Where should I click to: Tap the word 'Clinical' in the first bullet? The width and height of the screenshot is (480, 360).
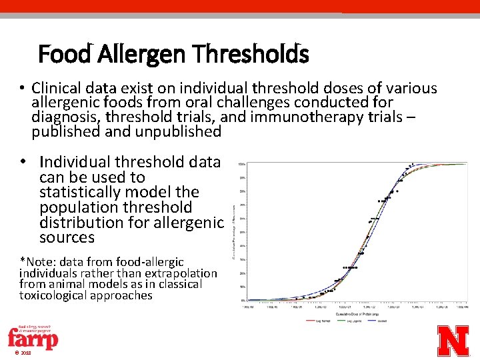[58, 88]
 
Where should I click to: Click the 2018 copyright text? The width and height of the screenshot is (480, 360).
[23, 353]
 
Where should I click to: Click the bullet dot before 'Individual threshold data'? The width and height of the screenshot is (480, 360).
[24, 162]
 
